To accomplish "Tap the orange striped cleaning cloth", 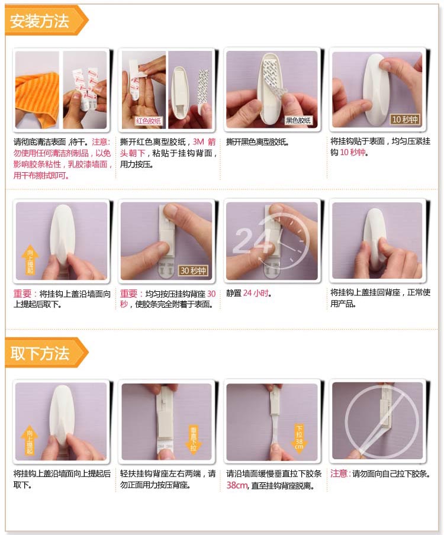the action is (x=37, y=99).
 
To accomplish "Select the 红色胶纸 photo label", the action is (x=149, y=121).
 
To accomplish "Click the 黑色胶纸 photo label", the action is (x=298, y=120).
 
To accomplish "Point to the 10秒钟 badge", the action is (x=405, y=119).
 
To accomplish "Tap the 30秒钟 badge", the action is (x=193, y=270).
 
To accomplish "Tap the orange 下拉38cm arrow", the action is (x=299, y=439).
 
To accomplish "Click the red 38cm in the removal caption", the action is (x=237, y=485).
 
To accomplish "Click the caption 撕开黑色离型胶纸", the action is (x=258, y=141).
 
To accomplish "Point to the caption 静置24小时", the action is (x=249, y=293).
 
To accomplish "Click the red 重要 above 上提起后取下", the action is (x=22, y=294).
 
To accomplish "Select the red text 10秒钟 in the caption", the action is (x=353, y=152).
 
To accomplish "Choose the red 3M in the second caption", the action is (x=198, y=141).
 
